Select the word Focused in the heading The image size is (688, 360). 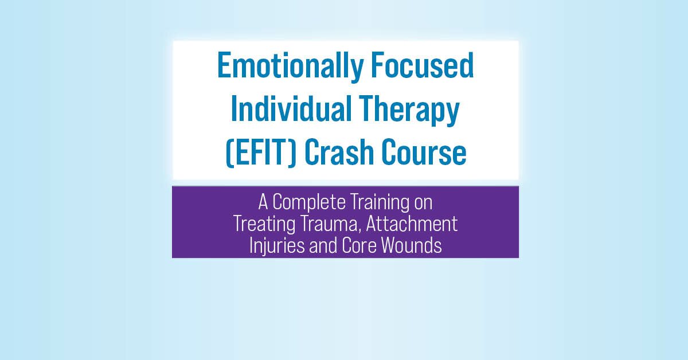coord(423,65)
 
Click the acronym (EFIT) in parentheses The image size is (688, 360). coord(261,152)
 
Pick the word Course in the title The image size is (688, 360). coord(424,152)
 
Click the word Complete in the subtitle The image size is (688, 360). coord(308,203)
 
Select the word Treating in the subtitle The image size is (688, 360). coord(264,225)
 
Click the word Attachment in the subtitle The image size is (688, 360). coord(412,224)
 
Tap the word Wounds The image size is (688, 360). coord(411,246)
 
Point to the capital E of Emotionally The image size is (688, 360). coord(225,65)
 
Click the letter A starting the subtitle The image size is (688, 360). coord(263,202)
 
